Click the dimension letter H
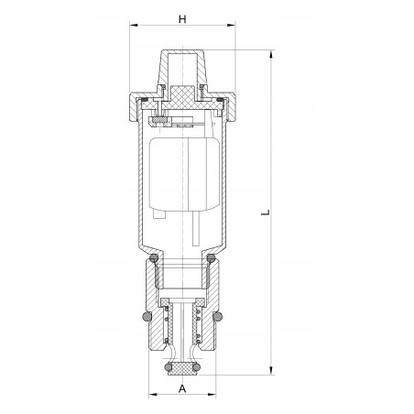182,19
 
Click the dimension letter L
265,212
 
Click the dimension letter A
182,387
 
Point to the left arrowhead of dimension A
152,398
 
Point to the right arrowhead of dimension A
216,398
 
